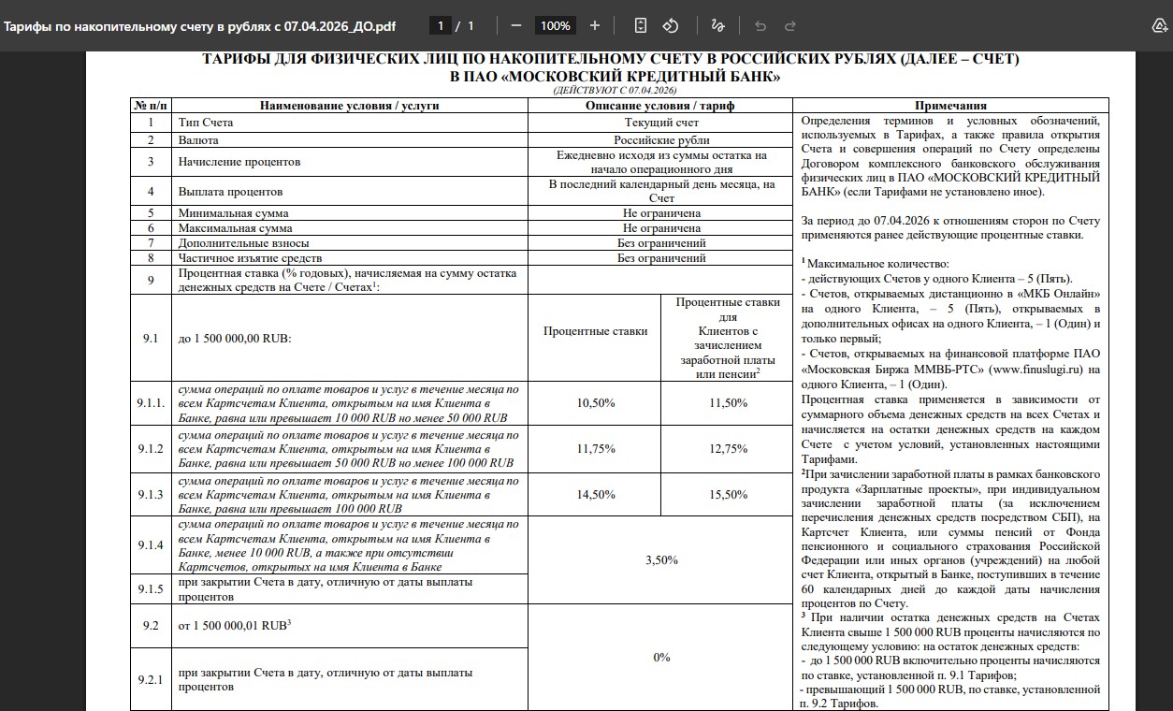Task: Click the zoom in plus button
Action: pyautogui.click(x=595, y=25)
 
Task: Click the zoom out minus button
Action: pyautogui.click(x=516, y=25)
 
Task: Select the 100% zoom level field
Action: pyautogui.click(x=556, y=25)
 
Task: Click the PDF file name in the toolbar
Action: pyautogui.click(x=199, y=25)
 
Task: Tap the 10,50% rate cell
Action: pyautogui.click(x=596, y=402)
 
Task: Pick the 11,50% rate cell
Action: pyautogui.click(x=729, y=402)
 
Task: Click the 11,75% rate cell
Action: pyautogui.click(x=596, y=448)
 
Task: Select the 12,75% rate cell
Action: pyautogui.click(x=729, y=448)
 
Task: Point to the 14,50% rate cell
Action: pyautogui.click(x=596, y=494)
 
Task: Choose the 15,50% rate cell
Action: pyautogui.click(x=729, y=494)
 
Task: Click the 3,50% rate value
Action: pyautogui.click(x=661, y=559)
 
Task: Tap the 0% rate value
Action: pyautogui.click(x=661, y=657)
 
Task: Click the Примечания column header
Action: pyautogui.click(x=950, y=106)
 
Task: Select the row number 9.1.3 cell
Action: pyautogui.click(x=150, y=494)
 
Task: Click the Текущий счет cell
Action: pyautogui.click(x=661, y=123)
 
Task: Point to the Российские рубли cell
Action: pyautogui.click(x=661, y=140)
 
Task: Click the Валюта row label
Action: pyautogui.click(x=198, y=140)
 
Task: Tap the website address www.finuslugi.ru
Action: pyautogui.click(x=1035, y=369)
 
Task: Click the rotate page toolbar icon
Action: pyautogui.click(x=671, y=25)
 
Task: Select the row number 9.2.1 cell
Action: pyautogui.click(x=150, y=679)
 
